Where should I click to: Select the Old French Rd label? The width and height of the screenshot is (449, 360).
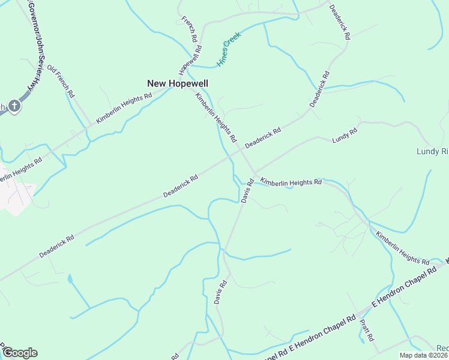click(61, 82)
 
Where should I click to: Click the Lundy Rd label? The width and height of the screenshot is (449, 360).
click(345, 136)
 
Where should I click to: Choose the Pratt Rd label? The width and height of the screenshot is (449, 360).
click(367, 329)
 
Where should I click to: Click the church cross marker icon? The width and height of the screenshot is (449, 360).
click(14, 106)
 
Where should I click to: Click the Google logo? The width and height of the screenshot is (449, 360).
click(20, 352)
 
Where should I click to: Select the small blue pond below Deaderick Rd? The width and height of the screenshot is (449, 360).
click(71, 279)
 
